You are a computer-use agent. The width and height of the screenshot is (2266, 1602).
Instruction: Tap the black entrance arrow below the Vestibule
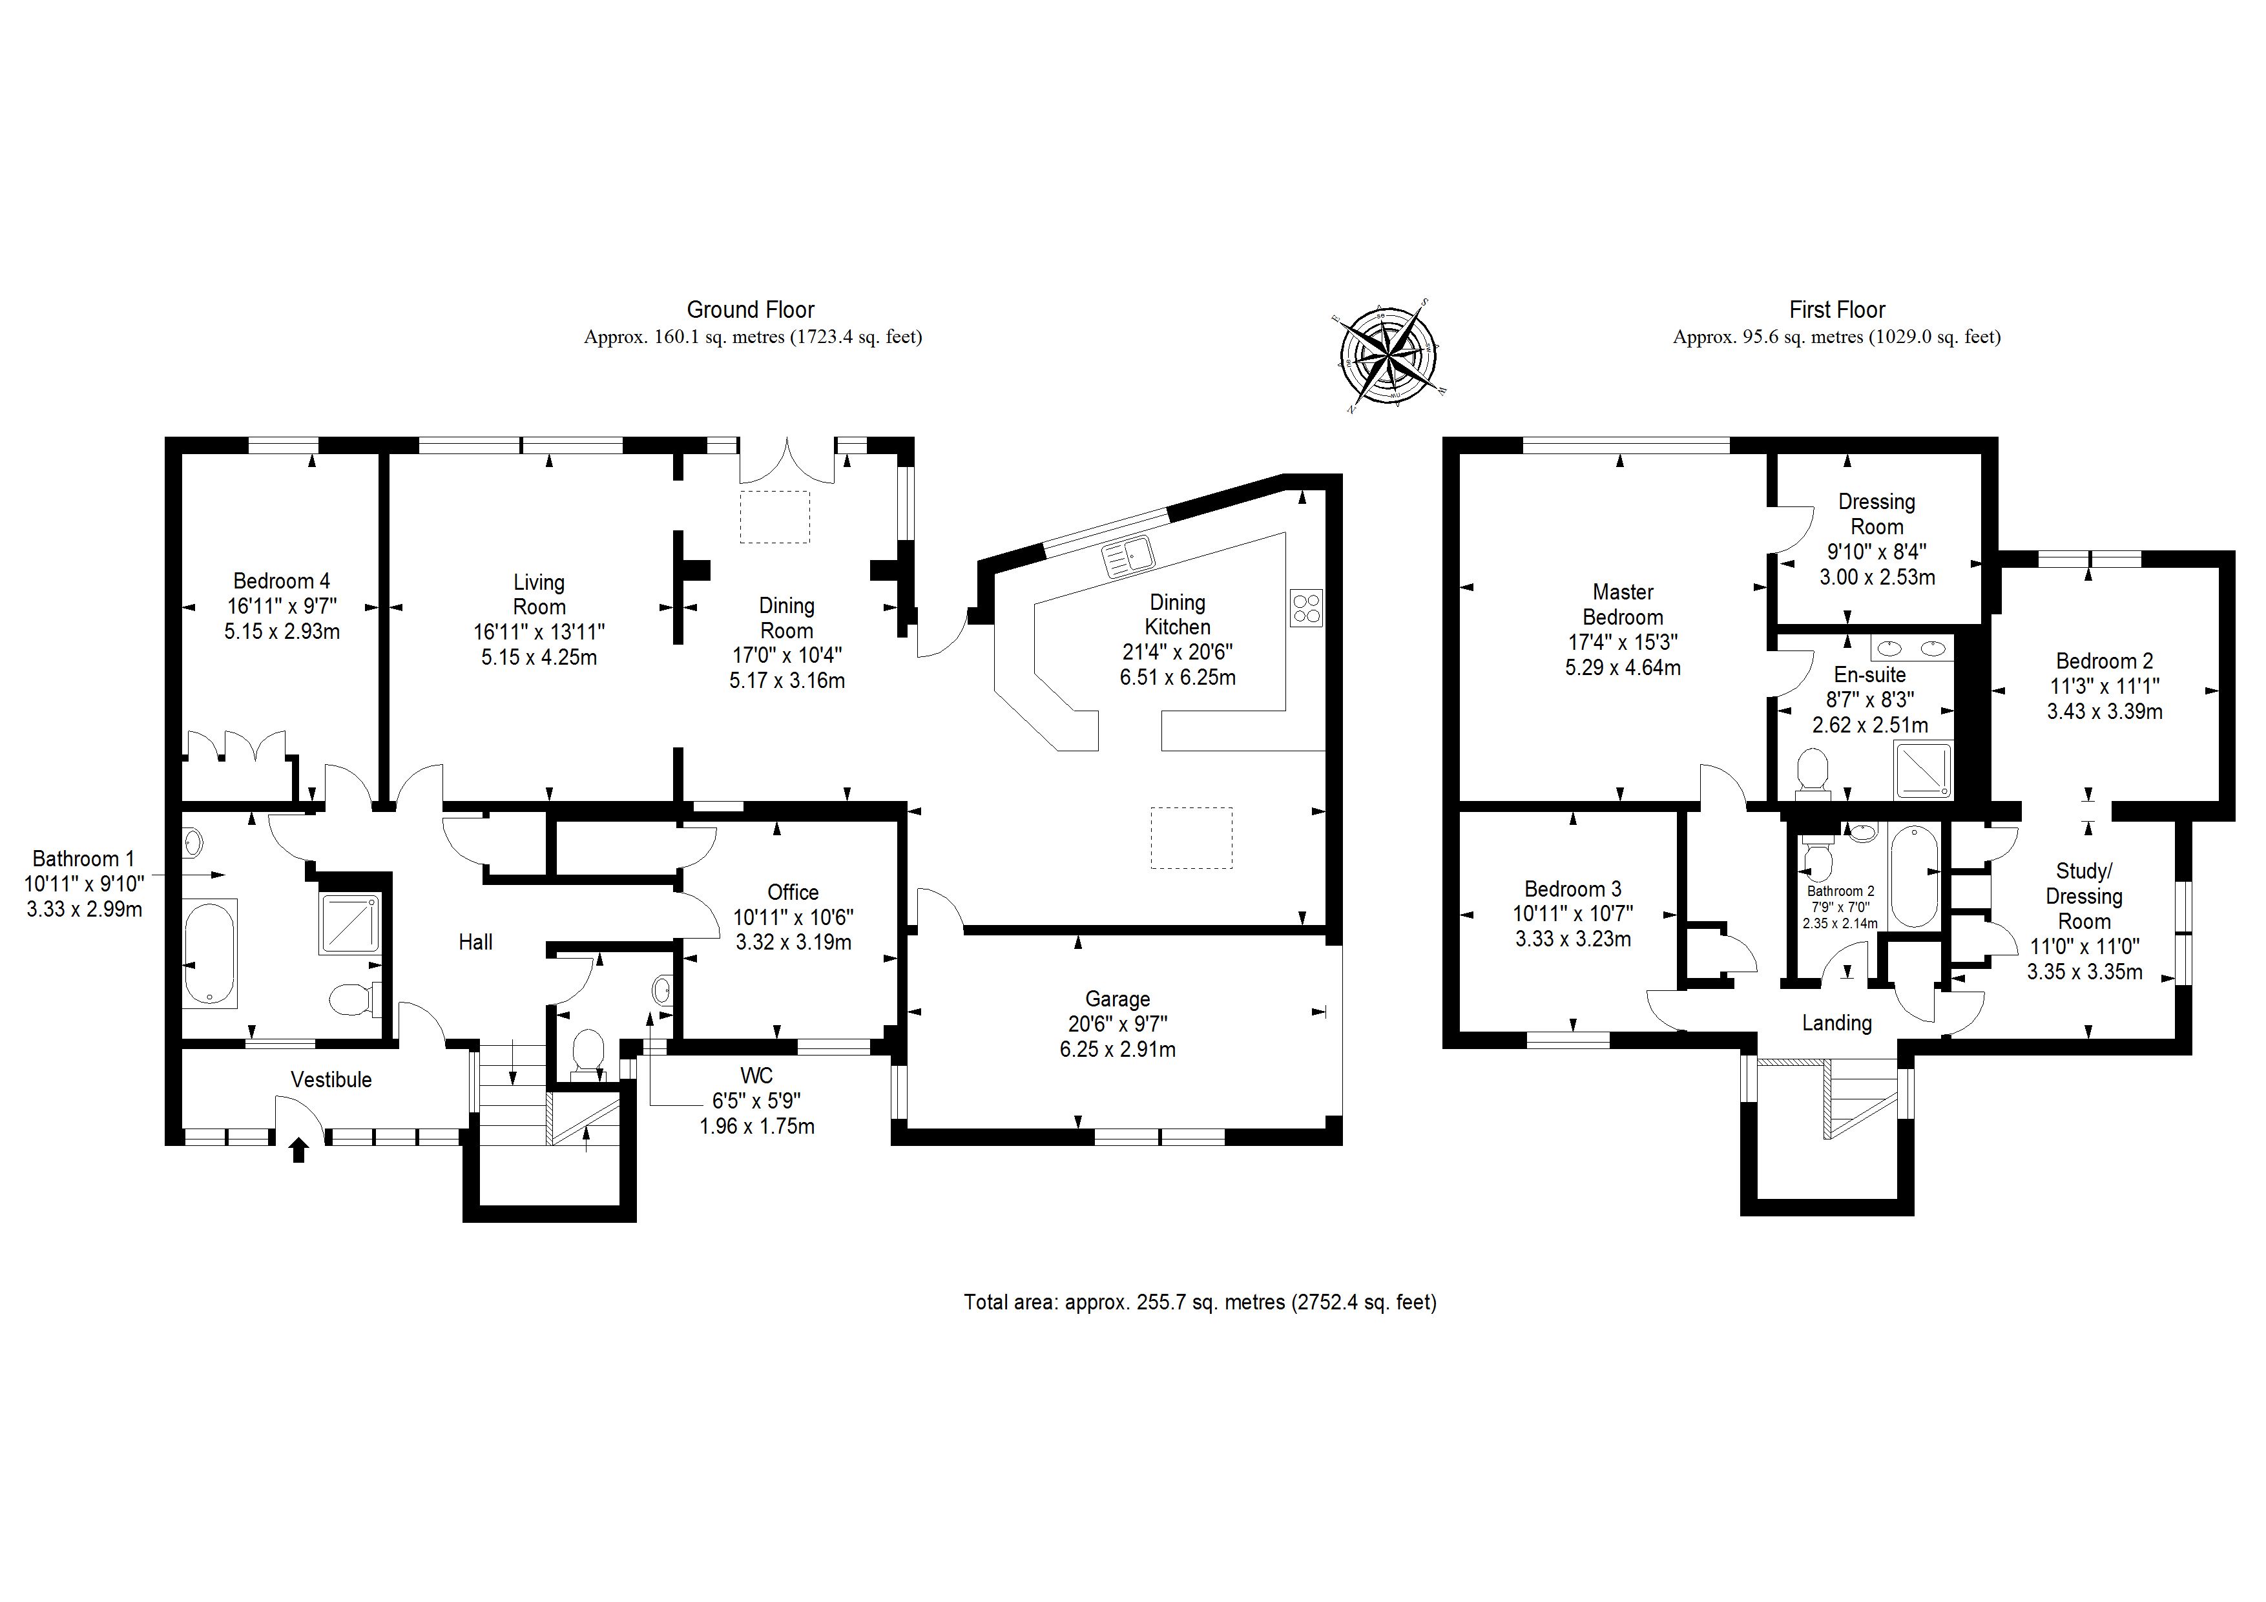[x=298, y=1150]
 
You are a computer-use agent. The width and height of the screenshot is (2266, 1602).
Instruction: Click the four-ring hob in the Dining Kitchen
[x=1305, y=607]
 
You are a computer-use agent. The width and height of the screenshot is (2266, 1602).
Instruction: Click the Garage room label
[x=1117, y=999]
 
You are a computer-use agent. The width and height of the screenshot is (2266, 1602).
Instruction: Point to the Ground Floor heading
[x=750, y=310]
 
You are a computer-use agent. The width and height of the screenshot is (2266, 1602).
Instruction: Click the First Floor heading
[x=1836, y=310]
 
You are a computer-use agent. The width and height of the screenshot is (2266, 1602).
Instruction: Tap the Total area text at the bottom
[x=1199, y=1302]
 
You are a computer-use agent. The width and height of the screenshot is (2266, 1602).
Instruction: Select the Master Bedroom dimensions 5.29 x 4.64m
[x=1623, y=667]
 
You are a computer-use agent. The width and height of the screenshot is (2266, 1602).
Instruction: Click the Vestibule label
[x=331, y=1080]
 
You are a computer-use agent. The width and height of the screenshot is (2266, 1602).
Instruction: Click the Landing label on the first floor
[x=1836, y=1023]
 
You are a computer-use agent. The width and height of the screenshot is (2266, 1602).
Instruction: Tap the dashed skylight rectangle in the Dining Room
[x=774, y=516]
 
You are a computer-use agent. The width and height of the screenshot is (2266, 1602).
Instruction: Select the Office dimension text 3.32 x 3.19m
[x=793, y=942]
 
